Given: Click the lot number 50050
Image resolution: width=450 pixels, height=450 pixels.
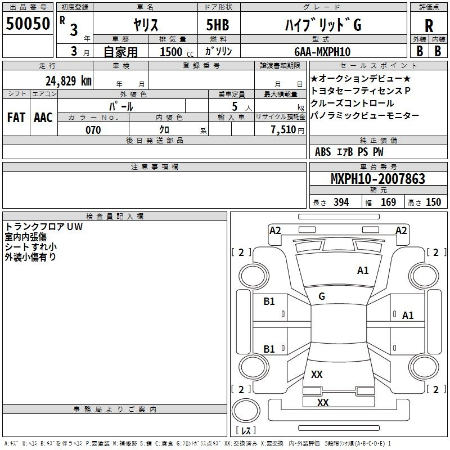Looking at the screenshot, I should click(x=28, y=24).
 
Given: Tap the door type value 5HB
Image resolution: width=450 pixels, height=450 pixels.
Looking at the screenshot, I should click(x=218, y=24).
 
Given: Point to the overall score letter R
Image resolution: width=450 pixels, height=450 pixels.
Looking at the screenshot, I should click(x=429, y=25).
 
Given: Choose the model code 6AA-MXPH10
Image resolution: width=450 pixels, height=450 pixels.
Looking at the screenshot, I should click(x=322, y=52).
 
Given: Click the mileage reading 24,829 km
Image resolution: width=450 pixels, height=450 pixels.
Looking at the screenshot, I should click(x=67, y=81).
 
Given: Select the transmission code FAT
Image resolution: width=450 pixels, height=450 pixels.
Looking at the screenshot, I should click(x=16, y=118).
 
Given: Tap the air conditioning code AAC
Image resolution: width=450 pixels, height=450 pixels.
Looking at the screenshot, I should click(x=43, y=118).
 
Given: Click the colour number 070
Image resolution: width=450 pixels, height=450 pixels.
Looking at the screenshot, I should click(x=93, y=130).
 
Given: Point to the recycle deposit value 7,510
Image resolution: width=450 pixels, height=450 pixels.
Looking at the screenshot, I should click(x=283, y=130).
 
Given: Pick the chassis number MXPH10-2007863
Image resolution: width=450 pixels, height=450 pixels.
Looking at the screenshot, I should click(x=377, y=179).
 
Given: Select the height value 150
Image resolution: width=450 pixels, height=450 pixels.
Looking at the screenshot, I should click(x=433, y=202).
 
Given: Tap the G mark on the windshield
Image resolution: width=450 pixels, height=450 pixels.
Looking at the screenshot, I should click(x=321, y=296).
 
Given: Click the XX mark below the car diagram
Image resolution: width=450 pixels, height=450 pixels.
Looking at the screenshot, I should click(x=322, y=403).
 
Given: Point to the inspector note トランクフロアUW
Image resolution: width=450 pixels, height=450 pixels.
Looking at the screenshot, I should click(x=44, y=227).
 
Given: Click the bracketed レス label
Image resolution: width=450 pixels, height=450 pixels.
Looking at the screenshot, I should click(x=246, y=430).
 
